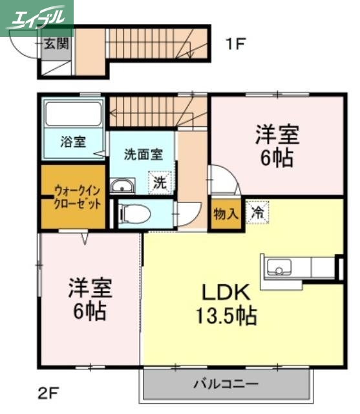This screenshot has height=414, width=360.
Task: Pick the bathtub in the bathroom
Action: (x=73, y=114)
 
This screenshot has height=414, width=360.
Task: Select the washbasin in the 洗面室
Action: (x=122, y=187)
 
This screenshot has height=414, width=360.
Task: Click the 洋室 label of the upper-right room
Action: (x=277, y=134)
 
